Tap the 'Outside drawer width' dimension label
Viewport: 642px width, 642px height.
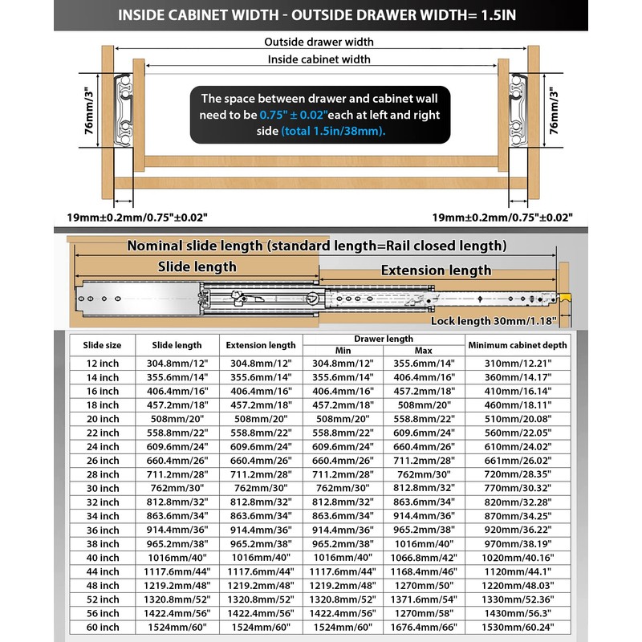pos(319,42)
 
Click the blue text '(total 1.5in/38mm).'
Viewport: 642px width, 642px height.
pos(333,130)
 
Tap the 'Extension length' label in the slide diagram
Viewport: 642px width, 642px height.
pos(435,270)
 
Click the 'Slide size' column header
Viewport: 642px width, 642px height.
pos(102,345)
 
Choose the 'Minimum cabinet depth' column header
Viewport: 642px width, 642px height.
pos(518,345)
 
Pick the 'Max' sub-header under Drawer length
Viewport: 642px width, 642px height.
pos(424,351)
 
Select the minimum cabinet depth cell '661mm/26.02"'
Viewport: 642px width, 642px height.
pos(518,460)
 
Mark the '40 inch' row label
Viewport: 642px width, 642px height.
pos(102,557)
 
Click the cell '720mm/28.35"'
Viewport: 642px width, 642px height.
pos(518,473)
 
